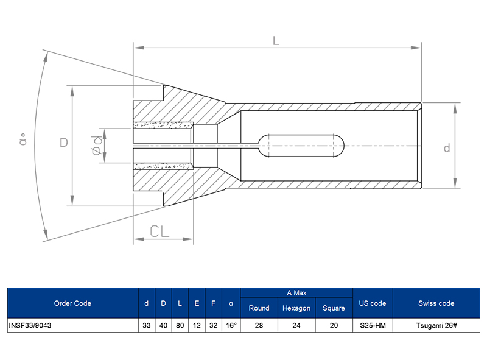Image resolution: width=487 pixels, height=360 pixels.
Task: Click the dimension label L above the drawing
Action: coord(276,40)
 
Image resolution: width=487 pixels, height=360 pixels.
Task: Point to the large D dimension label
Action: coord(63,143)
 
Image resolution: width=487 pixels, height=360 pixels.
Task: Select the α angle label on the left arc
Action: coord(24,141)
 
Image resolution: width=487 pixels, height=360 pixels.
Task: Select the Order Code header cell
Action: coord(72,303)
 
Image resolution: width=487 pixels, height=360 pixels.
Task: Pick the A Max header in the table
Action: coord(296,293)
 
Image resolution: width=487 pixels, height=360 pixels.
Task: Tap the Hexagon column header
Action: coord(296,308)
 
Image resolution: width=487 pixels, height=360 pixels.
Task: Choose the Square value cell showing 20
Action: coord(334,326)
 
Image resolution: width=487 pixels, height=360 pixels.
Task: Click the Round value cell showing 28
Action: coord(259,326)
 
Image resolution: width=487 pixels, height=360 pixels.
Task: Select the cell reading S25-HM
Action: coord(373,326)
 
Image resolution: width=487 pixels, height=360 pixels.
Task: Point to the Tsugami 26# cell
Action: coord(436,326)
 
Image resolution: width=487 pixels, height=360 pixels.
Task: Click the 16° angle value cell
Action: coord(231,326)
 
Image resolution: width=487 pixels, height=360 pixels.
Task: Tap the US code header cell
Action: coord(373,303)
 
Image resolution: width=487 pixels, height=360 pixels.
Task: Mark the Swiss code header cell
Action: coord(436,303)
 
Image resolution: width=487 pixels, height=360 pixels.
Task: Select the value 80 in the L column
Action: coord(180,326)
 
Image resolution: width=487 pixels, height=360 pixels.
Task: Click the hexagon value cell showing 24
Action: coord(296,326)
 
